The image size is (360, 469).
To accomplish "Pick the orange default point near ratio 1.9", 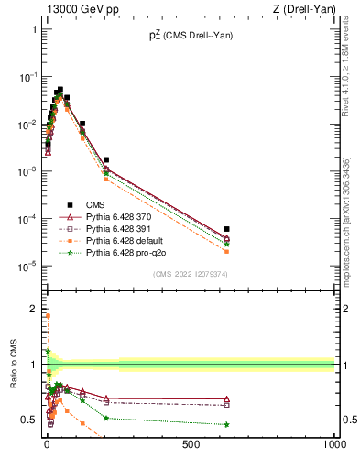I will pyautogui.click(x=47, y=315).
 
